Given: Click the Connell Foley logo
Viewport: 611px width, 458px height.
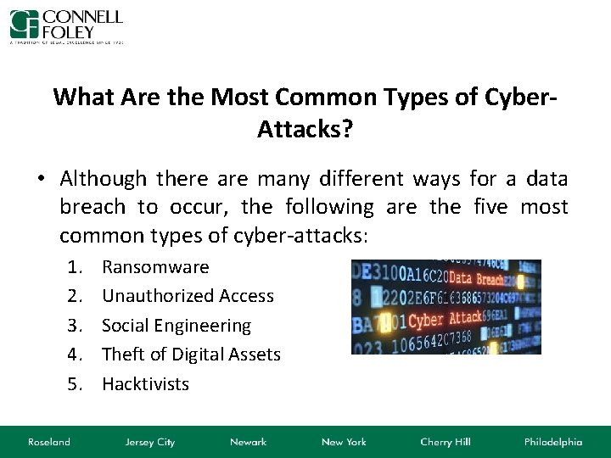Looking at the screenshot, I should pyautogui.click(x=66, y=26).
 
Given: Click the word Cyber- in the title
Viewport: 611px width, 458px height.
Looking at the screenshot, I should pyautogui.click(x=520, y=97).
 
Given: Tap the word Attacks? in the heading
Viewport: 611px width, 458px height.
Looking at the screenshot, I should pyautogui.click(x=305, y=129).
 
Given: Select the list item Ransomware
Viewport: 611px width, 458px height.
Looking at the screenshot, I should pyautogui.click(x=155, y=267).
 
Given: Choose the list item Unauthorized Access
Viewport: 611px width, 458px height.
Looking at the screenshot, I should pyautogui.click(x=188, y=296).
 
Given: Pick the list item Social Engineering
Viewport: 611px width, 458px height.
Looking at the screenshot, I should pyautogui.click(x=177, y=326).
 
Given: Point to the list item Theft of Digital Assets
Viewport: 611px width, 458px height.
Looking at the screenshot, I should pyautogui.click(x=191, y=355).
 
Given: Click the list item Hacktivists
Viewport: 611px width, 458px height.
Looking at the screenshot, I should pyautogui.click(x=145, y=384).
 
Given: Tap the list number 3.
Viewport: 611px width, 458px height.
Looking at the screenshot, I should pyautogui.click(x=76, y=326).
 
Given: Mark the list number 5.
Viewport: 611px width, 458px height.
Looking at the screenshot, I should pyautogui.click(x=76, y=384).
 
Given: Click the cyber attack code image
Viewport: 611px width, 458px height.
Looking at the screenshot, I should pyautogui.click(x=446, y=306).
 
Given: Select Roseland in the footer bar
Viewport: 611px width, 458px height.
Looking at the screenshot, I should pyautogui.click(x=49, y=442).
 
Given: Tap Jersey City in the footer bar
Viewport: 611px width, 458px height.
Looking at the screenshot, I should pyautogui.click(x=149, y=442).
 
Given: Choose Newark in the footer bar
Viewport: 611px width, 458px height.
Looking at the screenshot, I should pyautogui.click(x=248, y=442).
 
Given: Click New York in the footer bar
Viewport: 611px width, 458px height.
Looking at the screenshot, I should pyautogui.click(x=343, y=442).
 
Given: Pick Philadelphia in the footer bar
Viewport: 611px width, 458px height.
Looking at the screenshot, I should pyautogui.click(x=553, y=442).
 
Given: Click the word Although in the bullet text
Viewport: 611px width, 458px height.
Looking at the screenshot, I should pyautogui.click(x=104, y=179).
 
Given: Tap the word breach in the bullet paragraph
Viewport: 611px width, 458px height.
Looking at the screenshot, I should pyautogui.click(x=92, y=207).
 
